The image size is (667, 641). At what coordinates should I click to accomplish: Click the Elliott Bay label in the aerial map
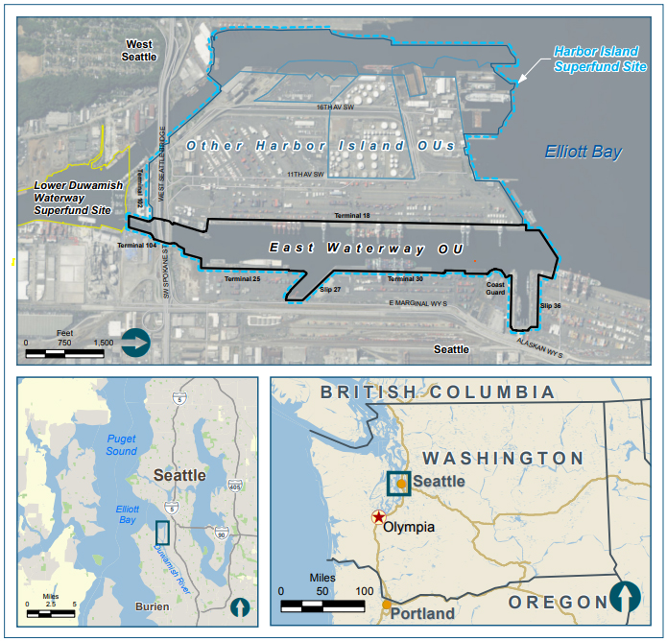[x=583, y=153]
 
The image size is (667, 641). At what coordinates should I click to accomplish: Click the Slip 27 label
[x=330, y=288]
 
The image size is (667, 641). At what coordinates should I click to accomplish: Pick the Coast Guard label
[x=495, y=288]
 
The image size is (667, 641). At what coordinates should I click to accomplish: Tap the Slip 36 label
[x=550, y=305]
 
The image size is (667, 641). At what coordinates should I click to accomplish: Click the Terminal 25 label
[x=243, y=278]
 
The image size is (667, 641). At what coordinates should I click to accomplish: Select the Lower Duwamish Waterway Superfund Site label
[x=73, y=197]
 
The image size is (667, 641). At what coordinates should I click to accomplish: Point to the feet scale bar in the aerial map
[x=64, y=352]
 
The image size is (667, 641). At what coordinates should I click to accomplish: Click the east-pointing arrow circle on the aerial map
[x=135, y=342]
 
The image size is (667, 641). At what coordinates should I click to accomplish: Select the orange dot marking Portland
[x=387, y=605]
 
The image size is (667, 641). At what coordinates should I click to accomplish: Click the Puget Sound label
[x=122, y=444]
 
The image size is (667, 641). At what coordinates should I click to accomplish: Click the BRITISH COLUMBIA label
[x=438, y=392]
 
